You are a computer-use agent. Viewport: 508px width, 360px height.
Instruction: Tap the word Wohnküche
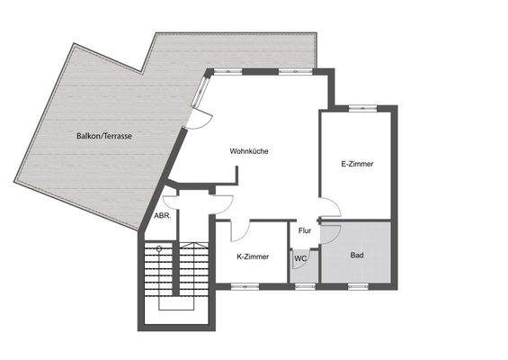tap(249, 151)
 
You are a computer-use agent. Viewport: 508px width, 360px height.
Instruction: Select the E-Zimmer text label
tap(357, 164)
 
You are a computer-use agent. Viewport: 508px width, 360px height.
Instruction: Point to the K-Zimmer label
tap(253, 256)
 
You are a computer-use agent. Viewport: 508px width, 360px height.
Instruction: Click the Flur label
tap(305, 231)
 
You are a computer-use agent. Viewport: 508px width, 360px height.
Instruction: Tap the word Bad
tap(357, 256)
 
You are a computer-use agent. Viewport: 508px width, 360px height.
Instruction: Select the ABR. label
tap(163, 216)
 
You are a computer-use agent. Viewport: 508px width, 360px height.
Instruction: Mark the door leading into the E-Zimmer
tap(330, 207)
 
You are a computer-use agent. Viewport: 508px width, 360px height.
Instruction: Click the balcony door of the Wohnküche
tap(201, 116)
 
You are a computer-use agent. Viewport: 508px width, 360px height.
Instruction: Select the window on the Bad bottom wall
tap(360, 286)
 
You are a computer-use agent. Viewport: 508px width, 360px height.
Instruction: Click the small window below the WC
tap(304, 286)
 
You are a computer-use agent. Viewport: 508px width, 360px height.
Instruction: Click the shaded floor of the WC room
tap(300, 270)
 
